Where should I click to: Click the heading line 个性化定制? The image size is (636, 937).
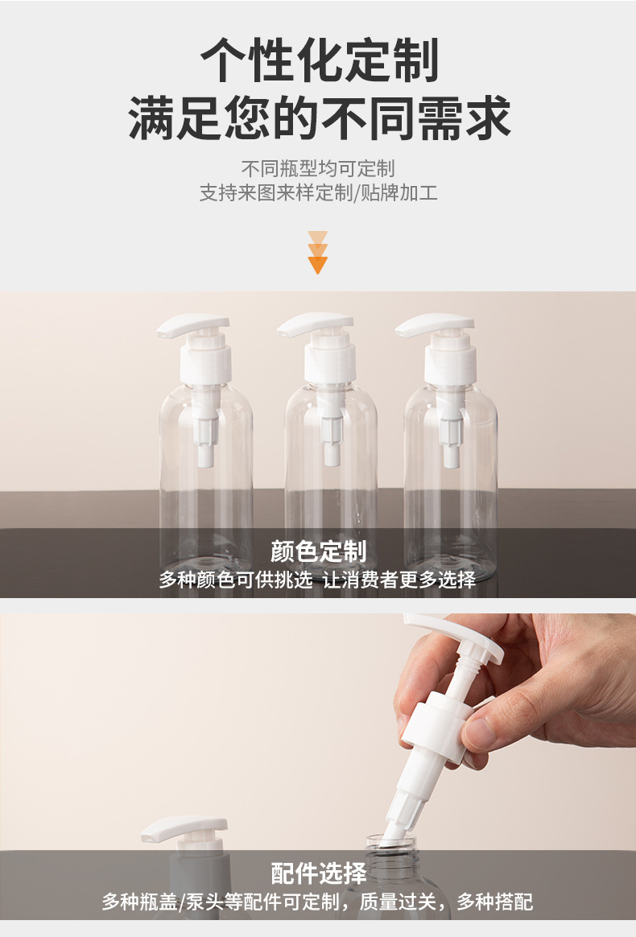tap(319, 60)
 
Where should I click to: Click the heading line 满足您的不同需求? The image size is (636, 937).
tap(319, 118)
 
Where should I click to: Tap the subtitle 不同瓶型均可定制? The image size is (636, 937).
tap(318, 168)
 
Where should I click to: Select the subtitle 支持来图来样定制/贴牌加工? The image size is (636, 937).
tap(318, 193)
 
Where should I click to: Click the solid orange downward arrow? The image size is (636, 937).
tap(318, 265)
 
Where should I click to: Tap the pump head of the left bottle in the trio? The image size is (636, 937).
tap(192, 325)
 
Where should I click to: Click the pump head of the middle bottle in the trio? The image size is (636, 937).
tap(315, 324)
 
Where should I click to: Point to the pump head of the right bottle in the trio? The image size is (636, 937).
tap(435, 324)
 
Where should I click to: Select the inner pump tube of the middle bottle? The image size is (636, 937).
tap(331, 425)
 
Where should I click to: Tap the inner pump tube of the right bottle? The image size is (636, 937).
tap(451, 427)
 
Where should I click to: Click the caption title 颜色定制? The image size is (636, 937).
tap(318, 551)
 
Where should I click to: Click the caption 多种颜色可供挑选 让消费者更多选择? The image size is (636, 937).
tap(317, 579)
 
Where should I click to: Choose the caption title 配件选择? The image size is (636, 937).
tap(318, 873)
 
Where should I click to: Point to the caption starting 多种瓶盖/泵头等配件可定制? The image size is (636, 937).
tap(317, 902)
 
